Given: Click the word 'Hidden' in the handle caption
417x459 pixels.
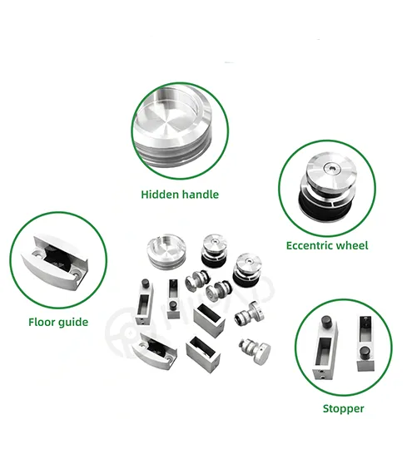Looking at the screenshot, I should click(x=158, y=195).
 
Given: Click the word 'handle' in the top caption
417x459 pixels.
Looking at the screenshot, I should click(x=199, y=195).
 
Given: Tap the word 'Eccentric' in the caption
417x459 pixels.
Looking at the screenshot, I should click(x=310, y=245).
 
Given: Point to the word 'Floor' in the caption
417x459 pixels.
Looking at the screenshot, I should click(x=42, y=321).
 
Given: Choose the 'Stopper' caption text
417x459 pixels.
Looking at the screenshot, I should click(x=343, y=408).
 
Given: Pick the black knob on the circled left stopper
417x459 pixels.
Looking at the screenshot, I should click(x=327, y=321).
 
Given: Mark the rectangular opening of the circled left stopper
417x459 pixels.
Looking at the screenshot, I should click(x=323, y=348).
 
